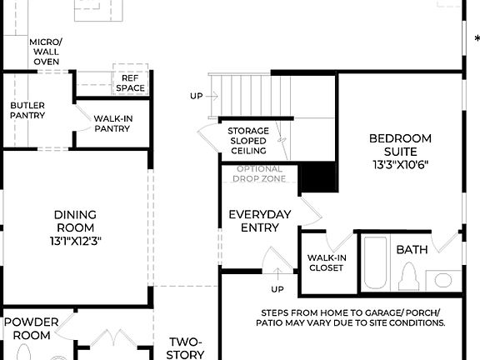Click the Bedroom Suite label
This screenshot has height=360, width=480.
[400, 144]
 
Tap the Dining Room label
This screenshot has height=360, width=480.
[75, 220]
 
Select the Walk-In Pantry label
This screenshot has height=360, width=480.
[113, 123]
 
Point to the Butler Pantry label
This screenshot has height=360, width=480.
[27, 110]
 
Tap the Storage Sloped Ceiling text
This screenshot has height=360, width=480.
[248, 141]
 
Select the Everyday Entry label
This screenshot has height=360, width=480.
[260, 221]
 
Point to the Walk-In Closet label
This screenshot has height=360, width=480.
[326, 262]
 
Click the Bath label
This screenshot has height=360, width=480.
[412, 249]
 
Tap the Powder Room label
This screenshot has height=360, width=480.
[32, 328]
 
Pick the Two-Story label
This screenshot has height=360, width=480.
[186, 347]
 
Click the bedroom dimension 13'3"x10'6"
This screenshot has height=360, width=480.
[401, 165]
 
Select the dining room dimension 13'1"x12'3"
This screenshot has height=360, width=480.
[75, 241]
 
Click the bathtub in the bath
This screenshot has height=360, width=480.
[376, 262]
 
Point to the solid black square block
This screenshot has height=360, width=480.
[317, 177]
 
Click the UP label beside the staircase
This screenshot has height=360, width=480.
[196, 96]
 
